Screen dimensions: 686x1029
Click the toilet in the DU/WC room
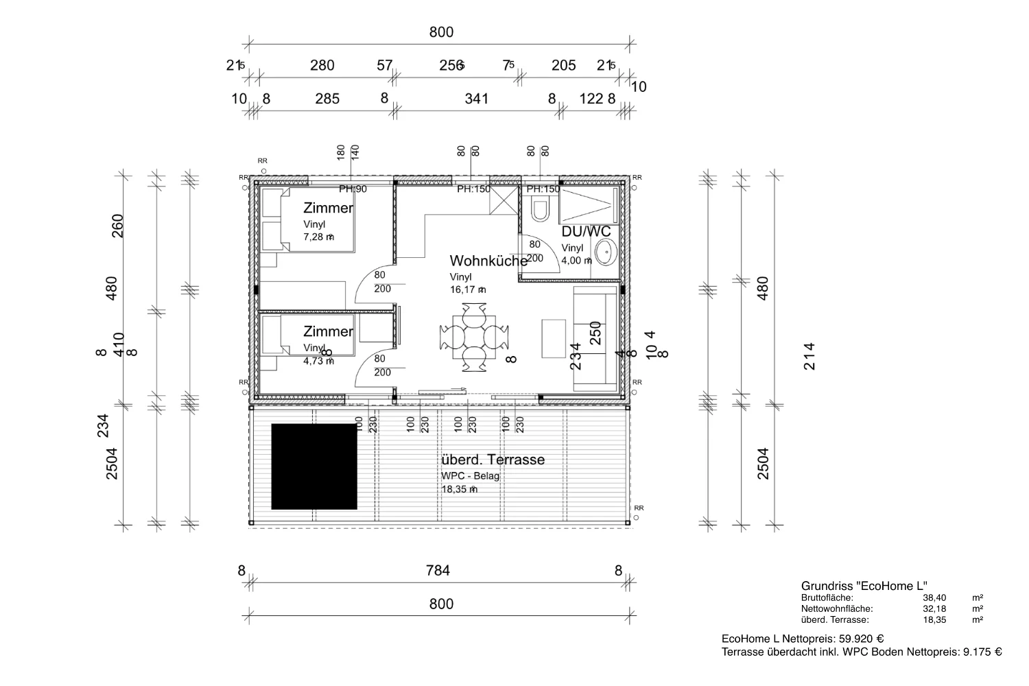540,209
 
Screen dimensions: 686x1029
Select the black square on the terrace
314,466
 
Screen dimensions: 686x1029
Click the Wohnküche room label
488,261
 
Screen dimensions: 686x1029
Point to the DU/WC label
586,232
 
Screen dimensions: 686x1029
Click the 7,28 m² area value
318,237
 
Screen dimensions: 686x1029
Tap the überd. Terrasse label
493,460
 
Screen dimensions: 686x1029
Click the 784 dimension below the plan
438,570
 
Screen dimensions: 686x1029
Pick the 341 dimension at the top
476,99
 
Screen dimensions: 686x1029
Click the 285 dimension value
327,99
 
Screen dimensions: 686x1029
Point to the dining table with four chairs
475,337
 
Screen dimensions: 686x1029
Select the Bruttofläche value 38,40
934,598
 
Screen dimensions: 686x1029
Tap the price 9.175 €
982,652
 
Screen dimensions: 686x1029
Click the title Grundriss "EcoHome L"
864,586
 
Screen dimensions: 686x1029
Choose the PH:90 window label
353,189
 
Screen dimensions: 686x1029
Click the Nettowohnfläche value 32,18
934,608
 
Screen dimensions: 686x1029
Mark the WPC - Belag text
471,475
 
